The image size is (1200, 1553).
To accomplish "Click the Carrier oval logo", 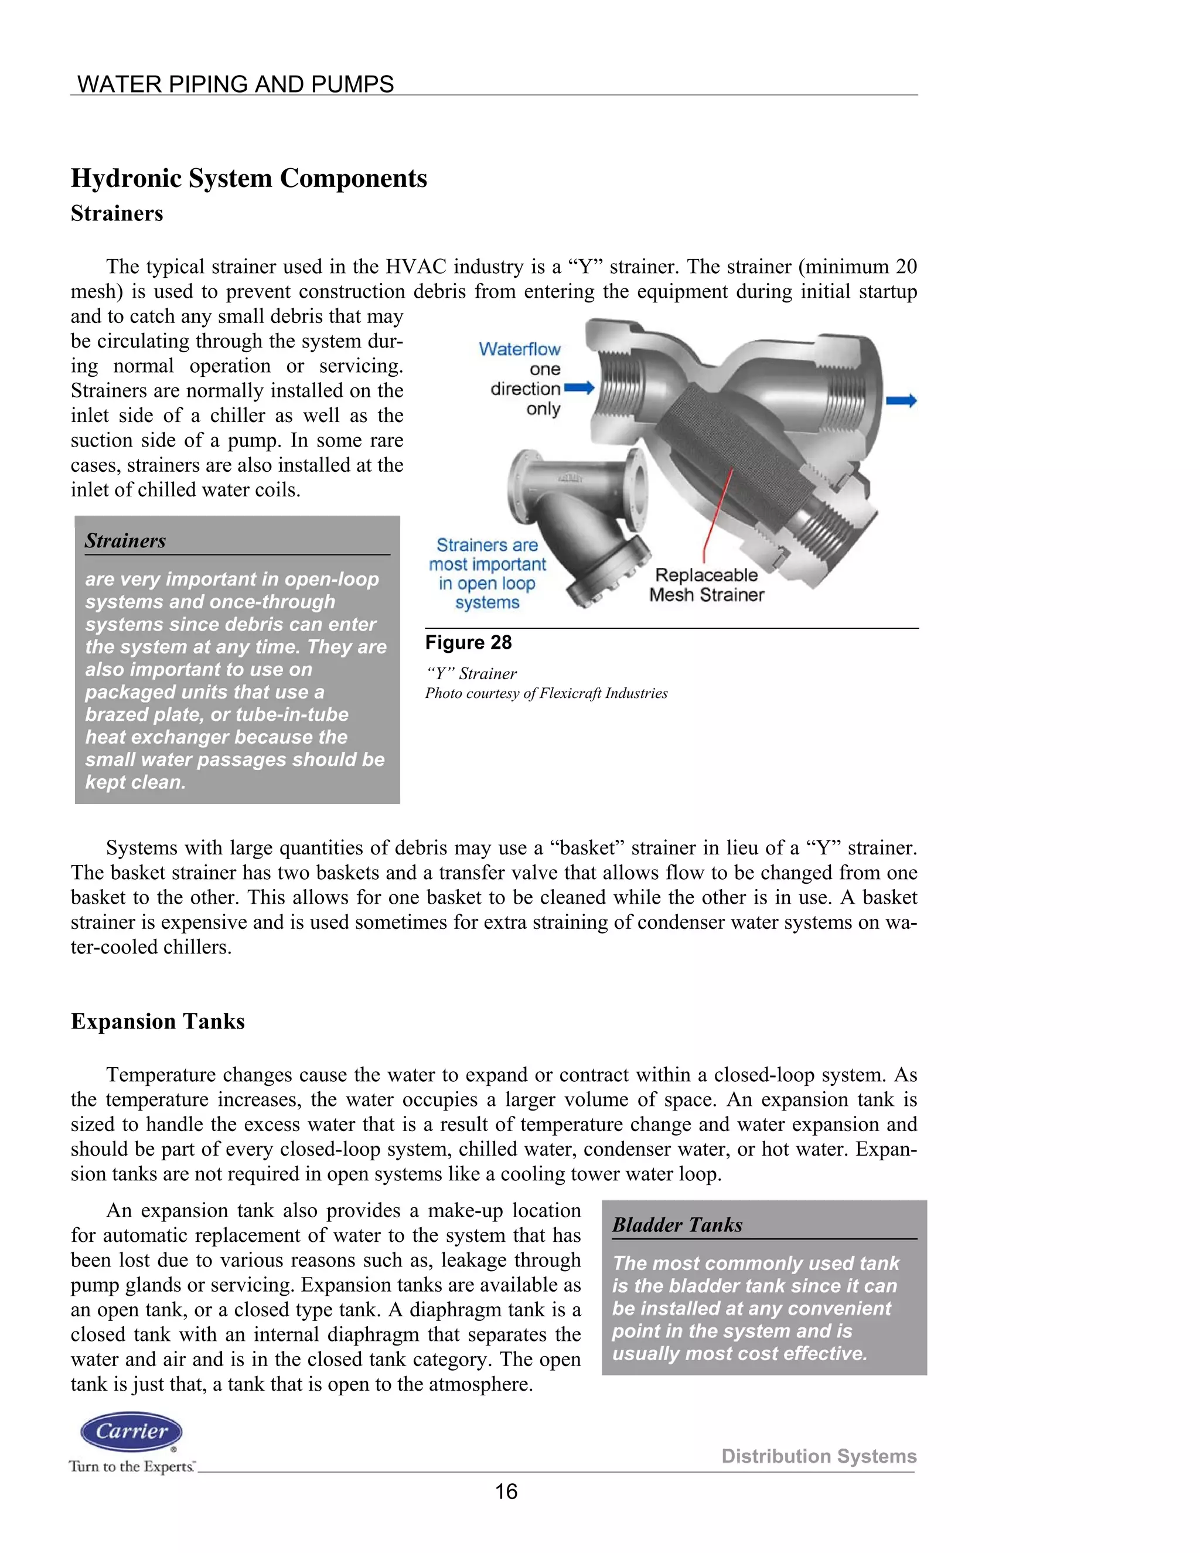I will (x=131, y=1432).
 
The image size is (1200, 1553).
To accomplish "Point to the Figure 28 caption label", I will (x=469, y=643).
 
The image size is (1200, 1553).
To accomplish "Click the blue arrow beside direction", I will (x=579, y=388).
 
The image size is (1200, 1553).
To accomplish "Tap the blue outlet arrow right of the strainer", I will (x=901, y=401).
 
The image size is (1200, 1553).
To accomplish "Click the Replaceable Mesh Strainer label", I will (x=706, y=584).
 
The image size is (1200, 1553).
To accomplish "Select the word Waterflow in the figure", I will (x=520, y=349).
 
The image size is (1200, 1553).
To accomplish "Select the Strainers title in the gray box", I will (x=125, y=540).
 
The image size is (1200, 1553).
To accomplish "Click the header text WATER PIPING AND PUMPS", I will (x=236, y=84).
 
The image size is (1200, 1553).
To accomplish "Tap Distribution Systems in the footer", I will (x=819, y=1456).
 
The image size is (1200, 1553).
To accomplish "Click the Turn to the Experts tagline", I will (x=131, y=1466).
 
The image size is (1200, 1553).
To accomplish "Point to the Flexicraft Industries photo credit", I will (x=546, y=693).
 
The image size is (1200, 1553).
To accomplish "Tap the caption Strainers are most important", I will (x=487, y=554).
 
